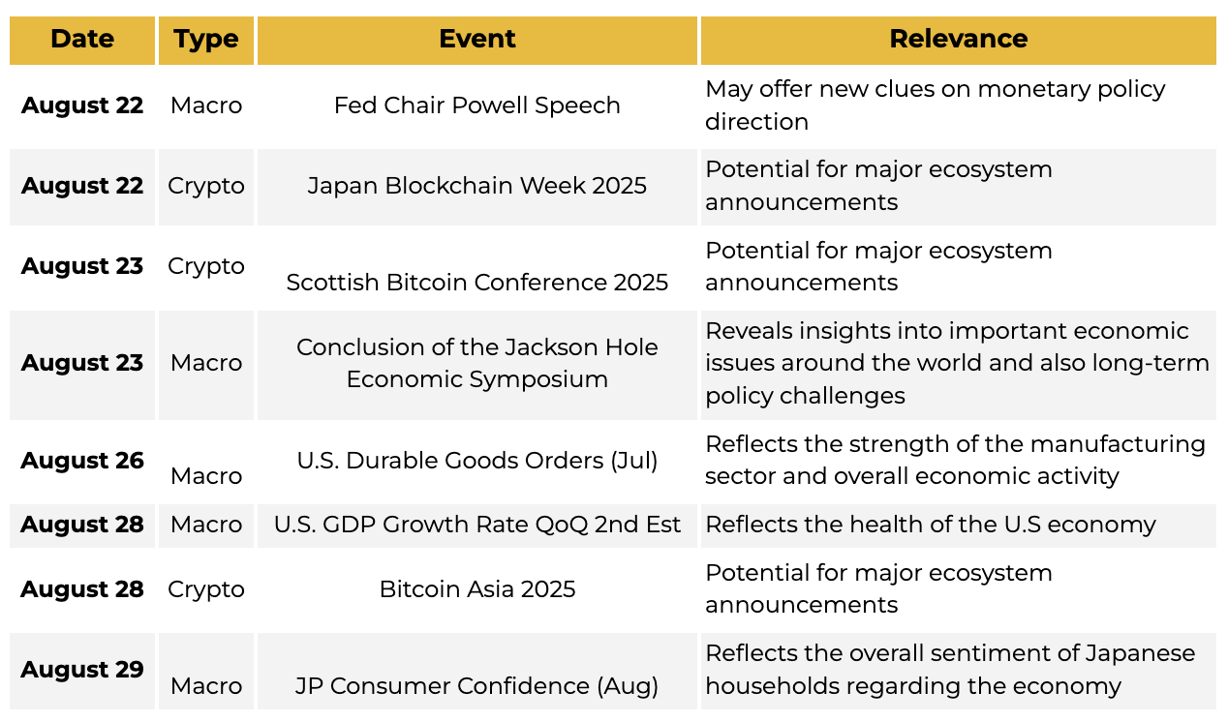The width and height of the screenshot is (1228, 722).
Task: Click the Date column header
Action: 82,39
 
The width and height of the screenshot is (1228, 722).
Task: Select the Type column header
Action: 206,40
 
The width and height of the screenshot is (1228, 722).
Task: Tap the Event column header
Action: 476,39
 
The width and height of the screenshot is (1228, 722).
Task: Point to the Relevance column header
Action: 958,39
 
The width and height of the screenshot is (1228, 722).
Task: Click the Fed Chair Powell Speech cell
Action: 476,105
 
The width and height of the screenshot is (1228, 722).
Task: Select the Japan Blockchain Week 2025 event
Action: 476,186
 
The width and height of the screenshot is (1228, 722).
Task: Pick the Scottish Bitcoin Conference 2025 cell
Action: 476,283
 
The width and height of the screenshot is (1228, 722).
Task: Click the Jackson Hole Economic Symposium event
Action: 476,363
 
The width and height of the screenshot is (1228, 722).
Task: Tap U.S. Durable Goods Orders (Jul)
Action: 476,461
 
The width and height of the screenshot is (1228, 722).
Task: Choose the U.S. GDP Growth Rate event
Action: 476,525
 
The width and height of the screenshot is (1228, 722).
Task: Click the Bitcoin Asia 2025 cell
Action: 476,589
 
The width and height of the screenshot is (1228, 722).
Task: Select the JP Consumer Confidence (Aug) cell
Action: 476,686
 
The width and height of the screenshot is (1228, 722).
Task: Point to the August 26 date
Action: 82,461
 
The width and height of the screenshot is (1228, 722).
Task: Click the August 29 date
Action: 82,670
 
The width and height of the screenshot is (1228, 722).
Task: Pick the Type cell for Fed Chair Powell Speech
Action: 206,105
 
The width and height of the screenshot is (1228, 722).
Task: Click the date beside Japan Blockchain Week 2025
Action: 82,186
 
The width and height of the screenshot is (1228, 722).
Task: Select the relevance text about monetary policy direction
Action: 936,105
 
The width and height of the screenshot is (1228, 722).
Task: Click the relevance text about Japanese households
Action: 950,670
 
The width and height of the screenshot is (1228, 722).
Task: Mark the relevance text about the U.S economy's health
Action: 931,525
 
